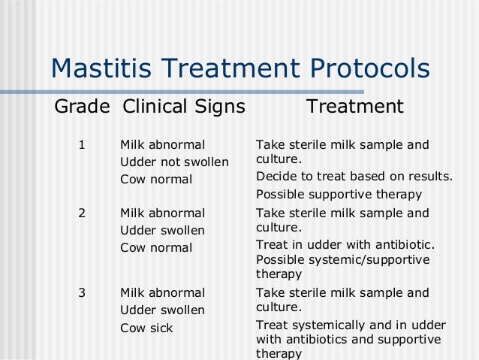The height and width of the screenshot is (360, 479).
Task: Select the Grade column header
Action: (82, 107)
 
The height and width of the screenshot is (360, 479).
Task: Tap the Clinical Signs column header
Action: (183, 107)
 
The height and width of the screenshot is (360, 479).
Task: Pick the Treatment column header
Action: (354, 107)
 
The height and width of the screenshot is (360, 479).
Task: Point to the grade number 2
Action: (82, 213)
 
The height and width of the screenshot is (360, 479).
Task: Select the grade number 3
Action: (82, 293)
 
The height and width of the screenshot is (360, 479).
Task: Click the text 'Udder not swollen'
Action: (174, 162)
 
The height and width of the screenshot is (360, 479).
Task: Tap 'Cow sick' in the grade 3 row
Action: (146, 328)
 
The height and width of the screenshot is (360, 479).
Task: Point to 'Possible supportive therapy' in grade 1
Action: (338, 195)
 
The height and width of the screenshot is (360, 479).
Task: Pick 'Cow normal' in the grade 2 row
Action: (156, 247)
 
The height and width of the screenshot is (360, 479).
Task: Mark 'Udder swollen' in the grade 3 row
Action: (163, 310)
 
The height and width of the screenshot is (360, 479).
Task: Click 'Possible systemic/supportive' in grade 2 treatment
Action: (342, 260)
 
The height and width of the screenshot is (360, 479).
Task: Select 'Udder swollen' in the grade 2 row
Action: (163, 230)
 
